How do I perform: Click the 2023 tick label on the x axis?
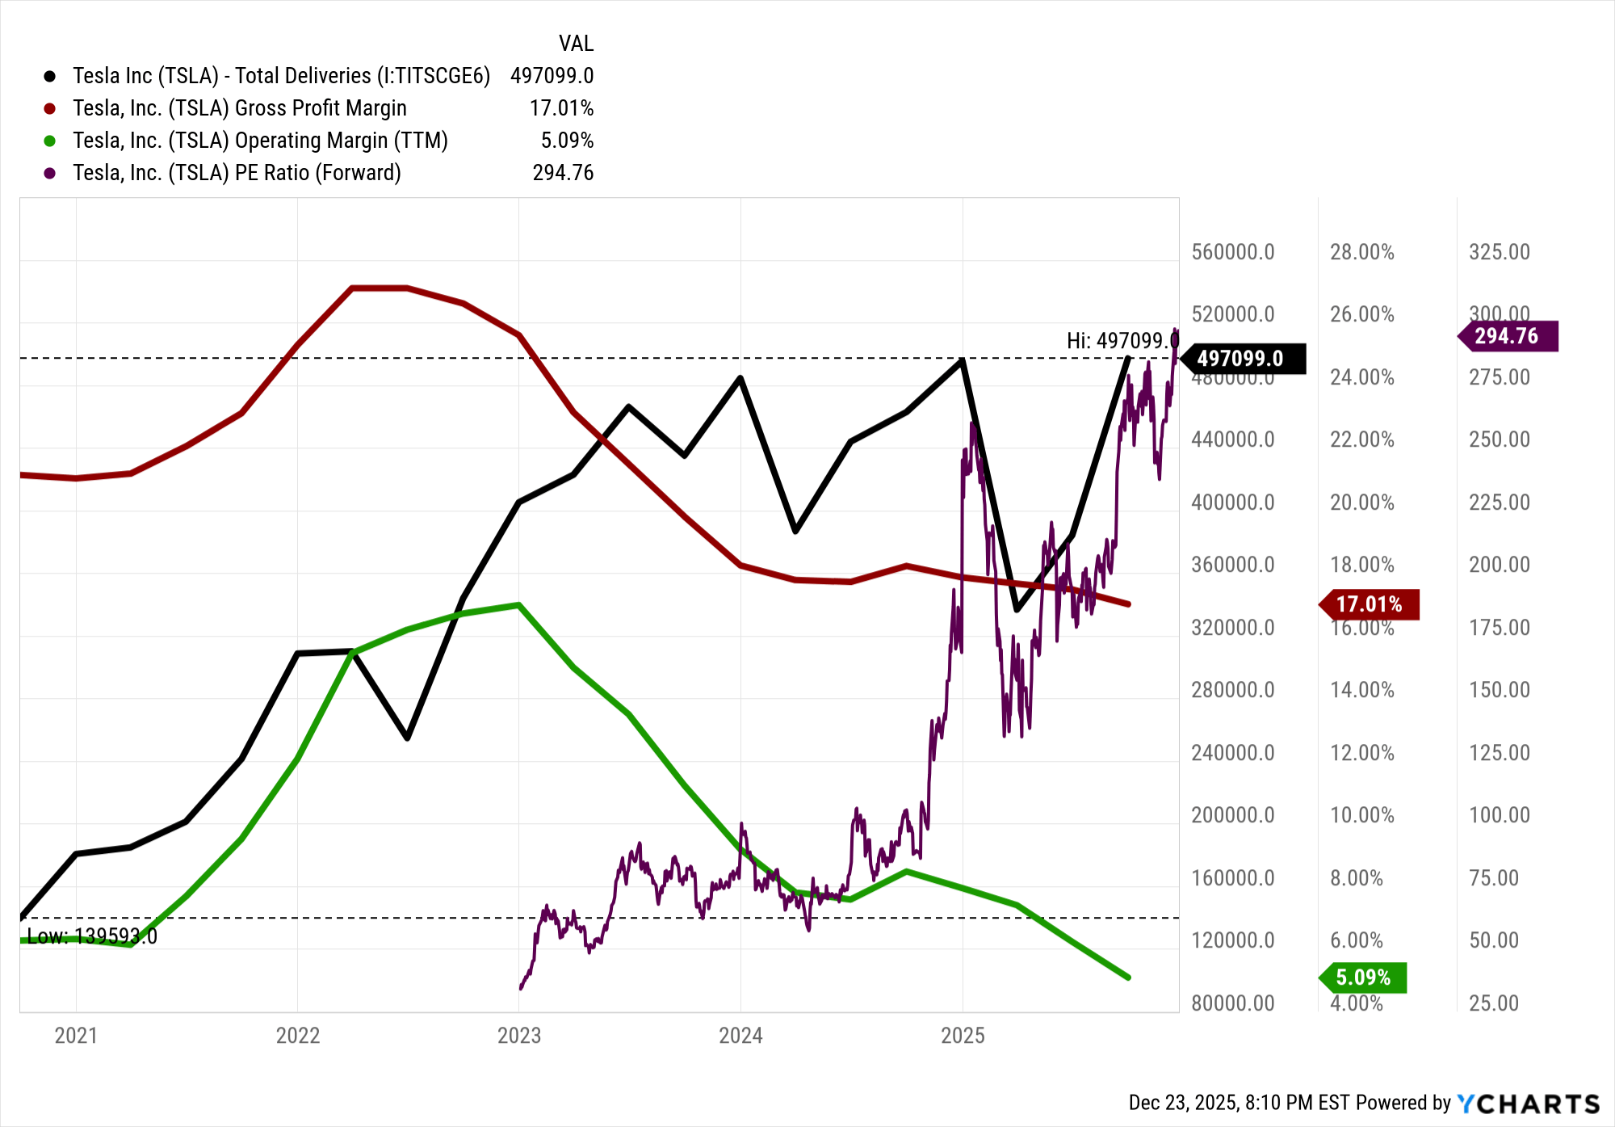(x=519, y=1036)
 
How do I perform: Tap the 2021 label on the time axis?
(x=76, y=1036)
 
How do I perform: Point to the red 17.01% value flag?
(x=1370, y=604)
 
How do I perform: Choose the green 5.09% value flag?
(x=1365, y=978)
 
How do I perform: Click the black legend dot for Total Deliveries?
(x=50, y=76)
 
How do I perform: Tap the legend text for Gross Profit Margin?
(x=240, y=108)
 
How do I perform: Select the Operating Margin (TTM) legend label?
(x=260, y=141)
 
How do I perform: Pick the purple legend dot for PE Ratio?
(x=50, y=173)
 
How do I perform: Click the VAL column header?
(x=576, y=44)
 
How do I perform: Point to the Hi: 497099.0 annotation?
(x=1122, y=341)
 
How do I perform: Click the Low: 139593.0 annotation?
(x=92, y=936)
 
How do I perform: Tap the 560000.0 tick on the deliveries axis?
(x=1233, y=252)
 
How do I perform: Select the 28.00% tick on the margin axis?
(x=1362, y=252)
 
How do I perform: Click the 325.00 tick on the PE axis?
(x=1500, y=252)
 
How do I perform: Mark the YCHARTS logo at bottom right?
(x=1528, y=1104)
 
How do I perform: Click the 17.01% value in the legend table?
(x=561, y=108)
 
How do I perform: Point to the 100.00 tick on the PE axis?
(x=1500, y=815)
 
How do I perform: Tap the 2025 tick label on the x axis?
(x=963, y=1036)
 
